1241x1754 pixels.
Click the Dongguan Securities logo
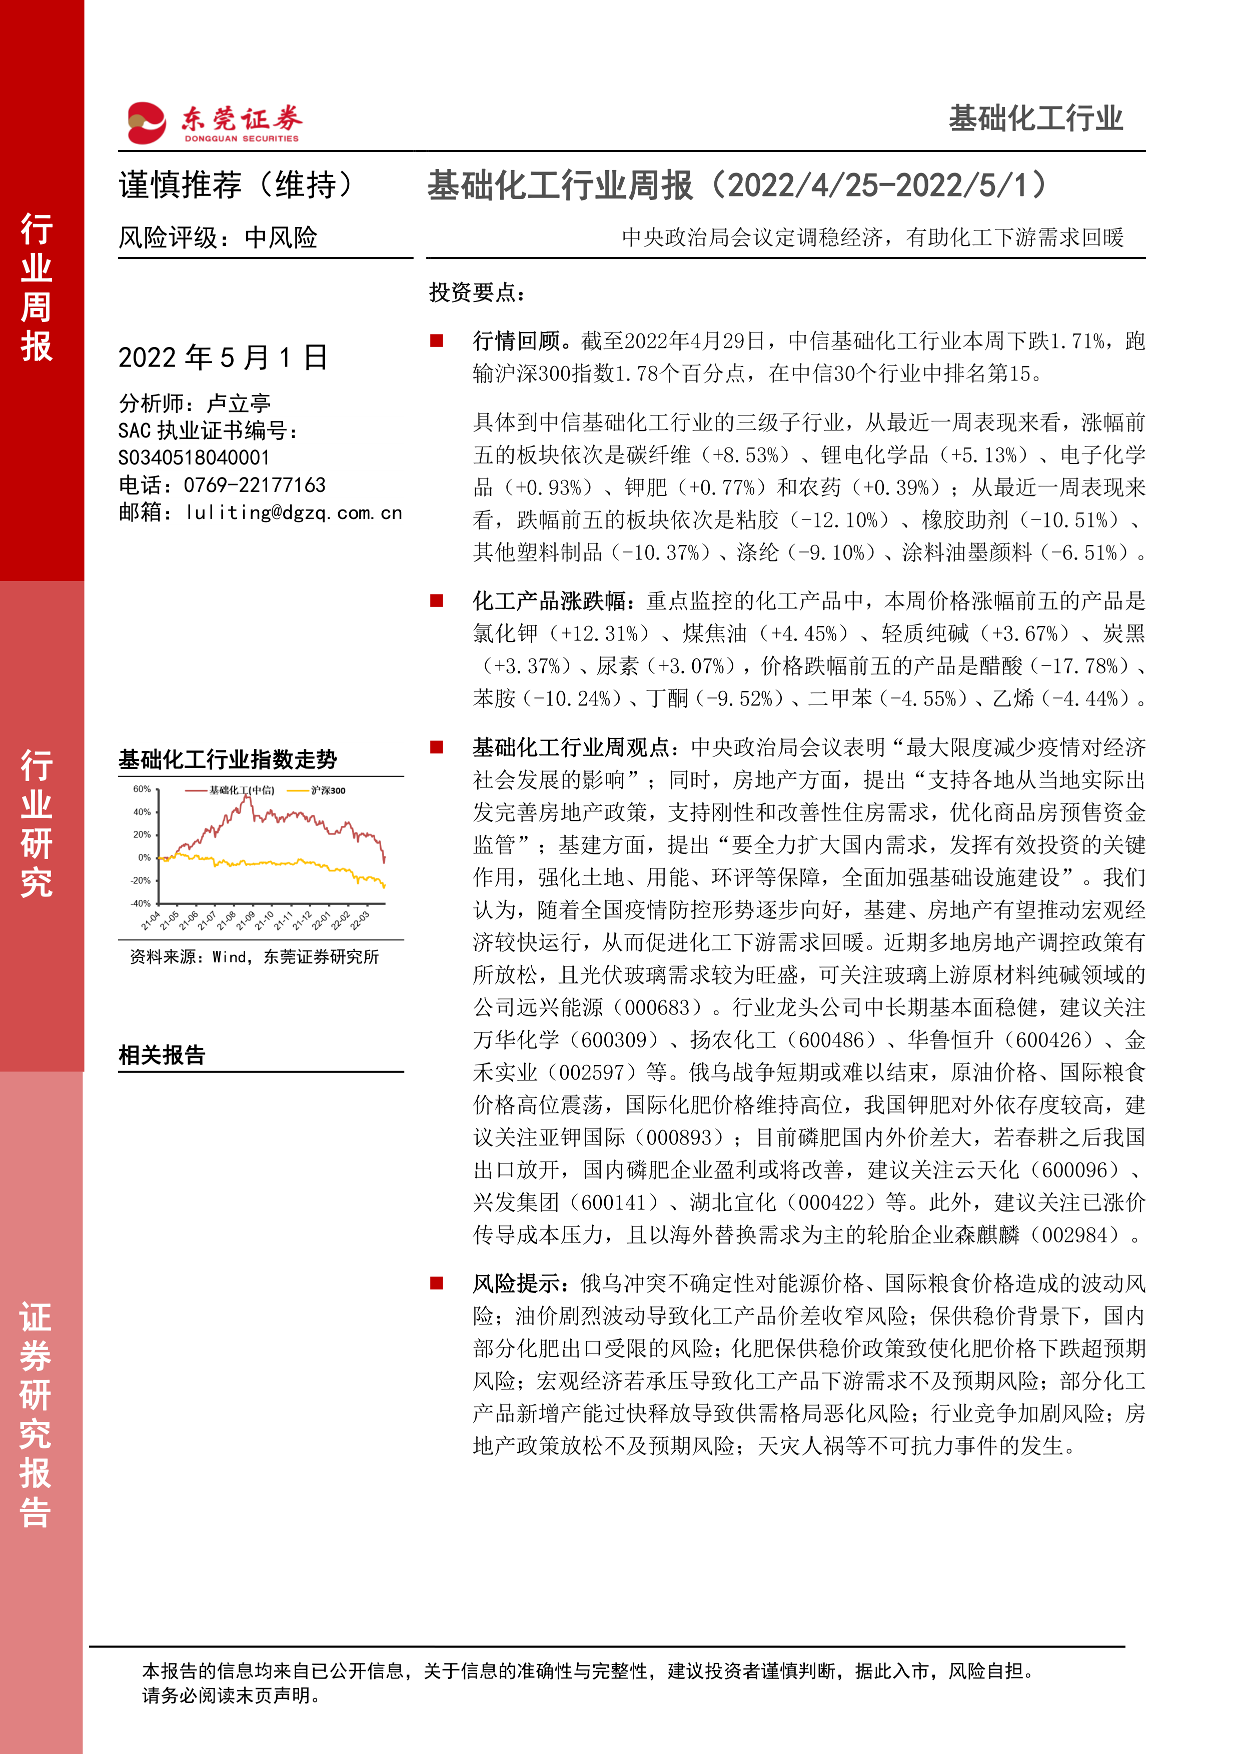[214, 122]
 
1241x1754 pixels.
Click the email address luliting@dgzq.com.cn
[294, 512]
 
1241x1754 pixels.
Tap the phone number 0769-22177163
[255, 485]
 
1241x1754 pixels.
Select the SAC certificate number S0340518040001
[194, 457]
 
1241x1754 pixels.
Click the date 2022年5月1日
[223, 357]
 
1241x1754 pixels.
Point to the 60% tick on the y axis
[142, 789]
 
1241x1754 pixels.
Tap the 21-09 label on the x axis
[245, 920]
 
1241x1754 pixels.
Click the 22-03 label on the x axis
[359, 920]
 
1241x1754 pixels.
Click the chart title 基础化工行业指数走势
[228, 759]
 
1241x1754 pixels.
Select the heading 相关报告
[162, 1055]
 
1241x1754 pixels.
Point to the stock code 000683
[658, 1007]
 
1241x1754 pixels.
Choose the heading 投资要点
[477, 292]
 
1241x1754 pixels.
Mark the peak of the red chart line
[247, 797]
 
